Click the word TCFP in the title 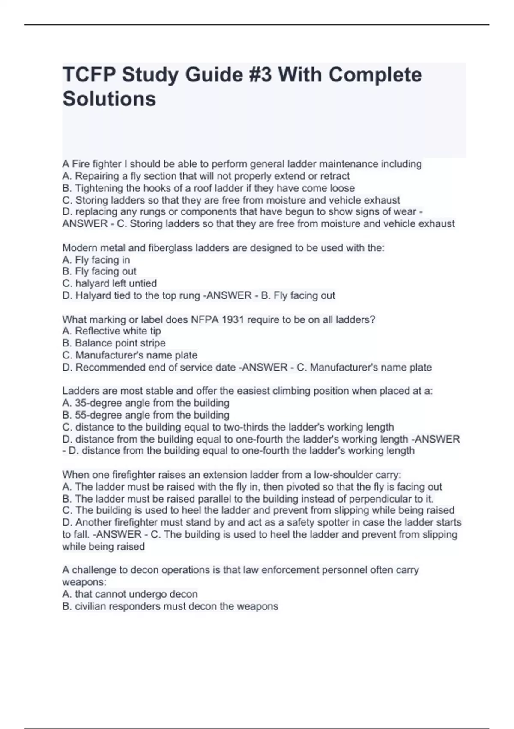89,75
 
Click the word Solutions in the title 109,99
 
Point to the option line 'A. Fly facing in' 96,260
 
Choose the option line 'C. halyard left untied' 110,283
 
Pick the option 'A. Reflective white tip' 111,331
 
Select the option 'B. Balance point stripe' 114,343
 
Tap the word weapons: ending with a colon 84,582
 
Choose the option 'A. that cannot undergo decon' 130,594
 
